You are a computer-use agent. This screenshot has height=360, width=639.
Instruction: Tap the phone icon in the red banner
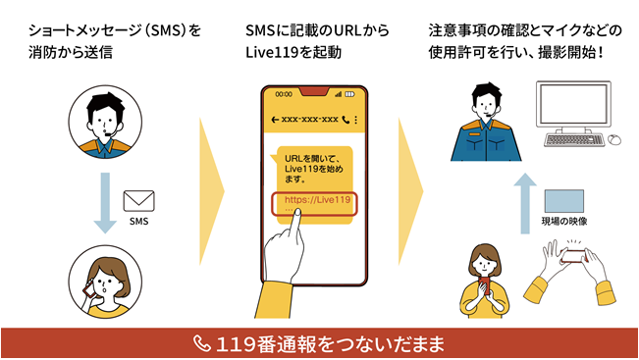(202, 343)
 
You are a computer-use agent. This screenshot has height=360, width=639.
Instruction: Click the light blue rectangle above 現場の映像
(564, 199)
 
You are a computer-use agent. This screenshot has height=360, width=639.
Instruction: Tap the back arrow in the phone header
(274, 119)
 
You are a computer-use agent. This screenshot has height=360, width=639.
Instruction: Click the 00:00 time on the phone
(285, 95)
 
